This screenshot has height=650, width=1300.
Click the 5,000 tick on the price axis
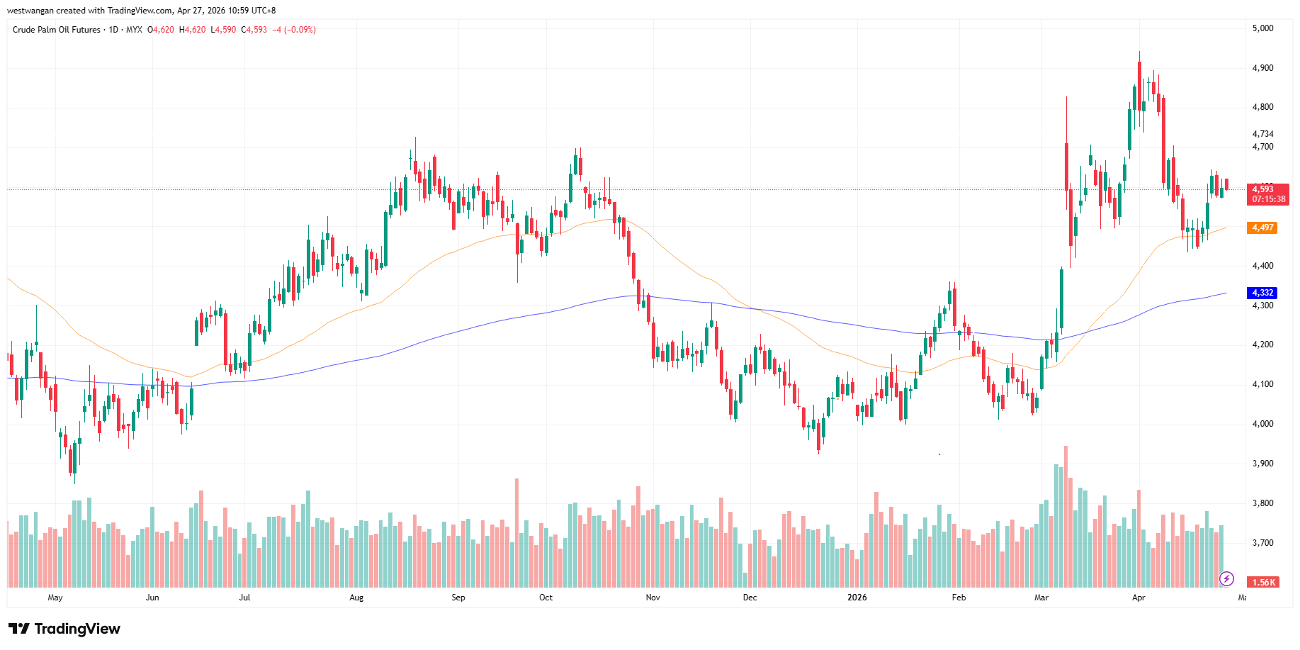(1262, 28)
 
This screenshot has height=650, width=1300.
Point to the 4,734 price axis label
(1262, 134)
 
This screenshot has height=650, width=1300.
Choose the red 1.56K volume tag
(1263, 583)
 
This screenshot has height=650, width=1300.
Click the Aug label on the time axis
(356, 598)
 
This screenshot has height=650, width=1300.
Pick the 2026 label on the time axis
(857, 598)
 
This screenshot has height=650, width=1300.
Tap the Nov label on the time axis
(652, 598)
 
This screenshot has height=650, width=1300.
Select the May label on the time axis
(55, 598)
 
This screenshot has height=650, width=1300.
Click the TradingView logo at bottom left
(64, 629)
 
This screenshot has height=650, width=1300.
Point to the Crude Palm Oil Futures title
(57, 30)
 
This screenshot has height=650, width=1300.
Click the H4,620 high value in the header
(192, 30)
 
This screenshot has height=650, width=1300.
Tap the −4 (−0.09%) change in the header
(294, 30)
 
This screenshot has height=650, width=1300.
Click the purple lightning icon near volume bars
(1226, 579)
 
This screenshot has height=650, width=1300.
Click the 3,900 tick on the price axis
(1262, 464)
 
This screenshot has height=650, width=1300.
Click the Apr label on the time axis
(1138, 598)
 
